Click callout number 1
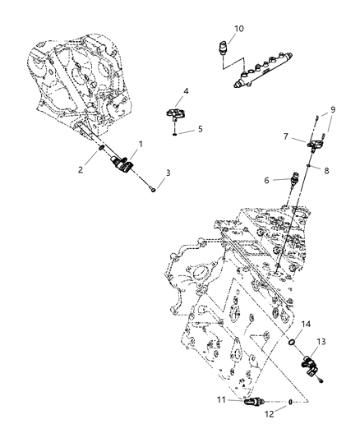pyautogui.click(x=140, y=144)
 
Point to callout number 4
pyautogui.click(x=187, y=91)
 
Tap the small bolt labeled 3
pyautogui.click(x=155, y=188)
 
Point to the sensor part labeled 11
pyautogui.click(x=261, y=402)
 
